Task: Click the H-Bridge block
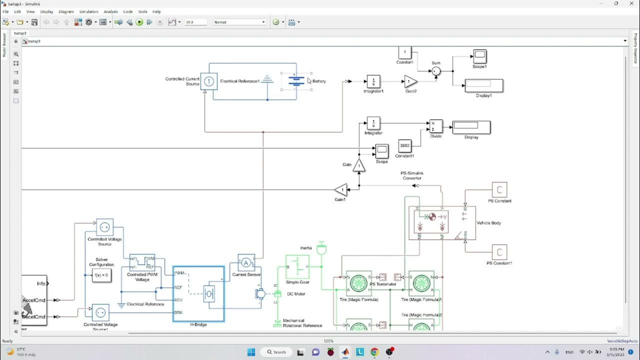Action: [198, 293]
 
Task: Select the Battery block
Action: [296, 81]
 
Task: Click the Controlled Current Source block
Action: [209, 81]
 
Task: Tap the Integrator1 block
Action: [373, 81]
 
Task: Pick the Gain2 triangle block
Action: [410, 81]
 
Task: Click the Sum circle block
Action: [436, 71]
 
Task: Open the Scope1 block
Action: [479, 56]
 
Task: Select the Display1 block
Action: [483, 85]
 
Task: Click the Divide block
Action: [436, 126]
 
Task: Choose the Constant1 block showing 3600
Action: [404, 146]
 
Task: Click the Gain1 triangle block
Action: [341, 190]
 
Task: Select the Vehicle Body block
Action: [442, 223]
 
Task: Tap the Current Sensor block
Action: [246, 262]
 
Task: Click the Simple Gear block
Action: [297, 267]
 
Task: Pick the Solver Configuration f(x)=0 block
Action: [101, 275]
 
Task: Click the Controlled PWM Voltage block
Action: [142, 262]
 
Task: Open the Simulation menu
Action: [88, 11]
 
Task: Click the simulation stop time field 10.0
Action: [195, 22]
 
